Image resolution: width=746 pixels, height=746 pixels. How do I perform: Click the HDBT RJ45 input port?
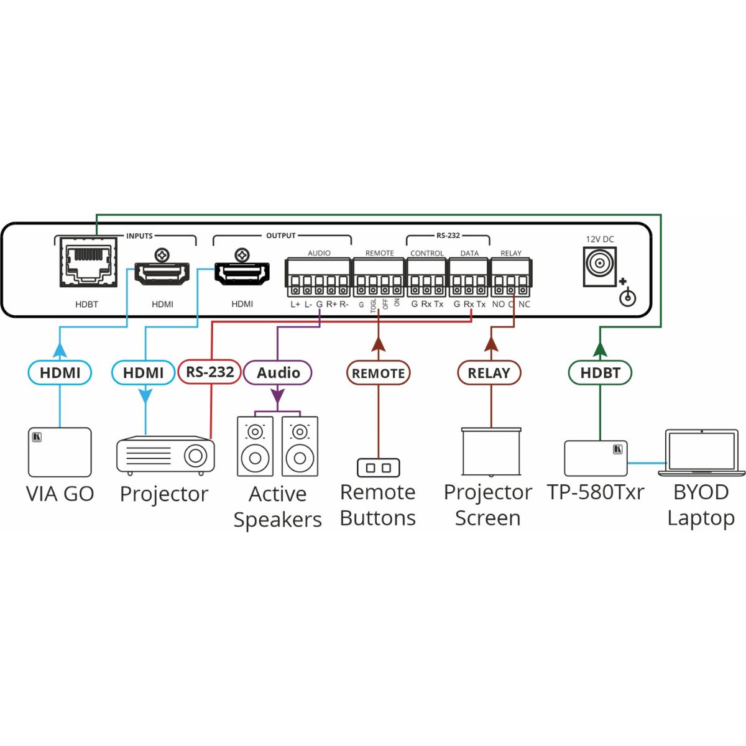[88, 265]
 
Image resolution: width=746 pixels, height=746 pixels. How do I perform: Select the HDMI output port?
[242, 273]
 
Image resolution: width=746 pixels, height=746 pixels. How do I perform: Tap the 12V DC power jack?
[599, 266]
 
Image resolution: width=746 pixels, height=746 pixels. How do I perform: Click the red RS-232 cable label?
[210, 372]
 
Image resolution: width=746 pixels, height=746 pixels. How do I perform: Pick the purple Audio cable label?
[278, 373]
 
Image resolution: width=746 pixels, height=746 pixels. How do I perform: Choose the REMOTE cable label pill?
[378, 373]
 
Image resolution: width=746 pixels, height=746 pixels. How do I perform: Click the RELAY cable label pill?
[489, 373]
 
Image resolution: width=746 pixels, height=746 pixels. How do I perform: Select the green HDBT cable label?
[600, 373]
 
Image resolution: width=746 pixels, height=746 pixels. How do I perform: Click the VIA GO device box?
[60, 452]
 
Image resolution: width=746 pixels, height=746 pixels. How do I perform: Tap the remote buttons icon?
[378, 467]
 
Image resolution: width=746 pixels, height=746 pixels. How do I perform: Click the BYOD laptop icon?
[702, 453]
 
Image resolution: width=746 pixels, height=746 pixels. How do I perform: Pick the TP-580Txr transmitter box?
[596, 458]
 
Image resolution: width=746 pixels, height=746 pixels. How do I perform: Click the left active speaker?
[255, 446]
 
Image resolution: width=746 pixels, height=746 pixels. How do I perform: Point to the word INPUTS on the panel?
[139, 236]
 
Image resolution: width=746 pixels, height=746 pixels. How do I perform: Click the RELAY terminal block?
[511, 277]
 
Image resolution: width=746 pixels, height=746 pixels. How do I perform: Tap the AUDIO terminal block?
[318, 277]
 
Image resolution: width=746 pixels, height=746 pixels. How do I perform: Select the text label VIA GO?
[60, 494]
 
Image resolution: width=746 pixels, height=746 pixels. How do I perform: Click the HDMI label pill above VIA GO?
[60, 373]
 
